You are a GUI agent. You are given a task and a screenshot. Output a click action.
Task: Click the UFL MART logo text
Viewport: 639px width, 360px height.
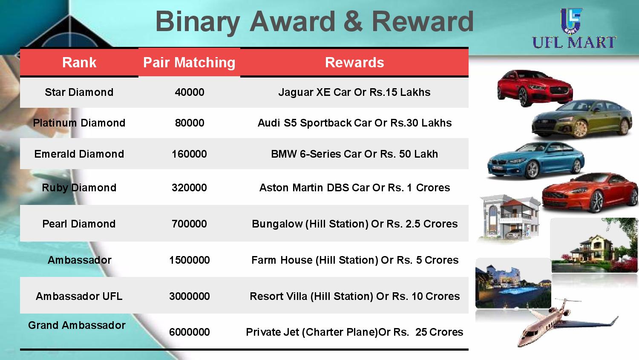[x=574, y=43]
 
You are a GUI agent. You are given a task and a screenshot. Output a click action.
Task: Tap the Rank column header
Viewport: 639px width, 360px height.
[x=79, y=63]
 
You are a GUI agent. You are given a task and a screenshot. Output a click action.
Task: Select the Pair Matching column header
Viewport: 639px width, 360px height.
[x=189, y=63]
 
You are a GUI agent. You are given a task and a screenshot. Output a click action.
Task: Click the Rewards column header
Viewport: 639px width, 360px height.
[x=354, y=63]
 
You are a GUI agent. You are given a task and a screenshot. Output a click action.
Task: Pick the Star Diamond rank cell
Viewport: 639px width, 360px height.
[x=79, y=92]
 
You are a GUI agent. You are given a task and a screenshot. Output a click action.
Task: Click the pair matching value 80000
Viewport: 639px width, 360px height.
[x=190, y=123]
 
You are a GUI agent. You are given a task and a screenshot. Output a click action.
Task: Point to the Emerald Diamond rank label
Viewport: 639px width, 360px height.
[x=79, y=154]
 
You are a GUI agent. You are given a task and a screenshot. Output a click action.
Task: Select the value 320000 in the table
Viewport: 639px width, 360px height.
[x=189, y=188]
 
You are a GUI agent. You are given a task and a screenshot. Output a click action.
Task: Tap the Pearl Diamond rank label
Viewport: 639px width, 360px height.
[x=79, y=224]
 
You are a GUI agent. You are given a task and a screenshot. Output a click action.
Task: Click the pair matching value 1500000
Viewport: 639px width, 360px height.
[x=190, y=260]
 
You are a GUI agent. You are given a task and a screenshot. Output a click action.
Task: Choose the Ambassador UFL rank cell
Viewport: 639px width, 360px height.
[x=79, y=297]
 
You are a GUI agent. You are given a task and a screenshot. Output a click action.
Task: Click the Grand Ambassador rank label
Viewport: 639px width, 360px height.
[x=77, y=325]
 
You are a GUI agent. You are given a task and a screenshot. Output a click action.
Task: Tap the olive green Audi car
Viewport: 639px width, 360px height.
[x=582, y=119]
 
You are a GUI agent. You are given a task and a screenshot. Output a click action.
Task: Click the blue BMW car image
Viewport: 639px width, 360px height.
[x=536, y=161]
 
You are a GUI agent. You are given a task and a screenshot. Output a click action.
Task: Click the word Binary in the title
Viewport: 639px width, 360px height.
[x=197, y=22]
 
